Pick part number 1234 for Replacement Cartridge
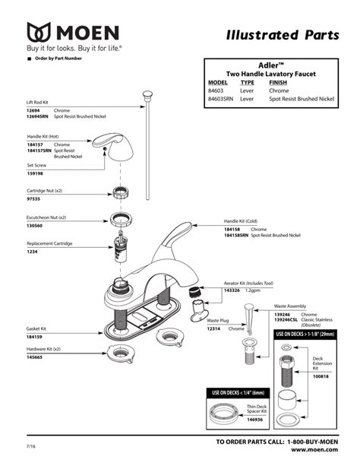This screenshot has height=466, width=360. click(x=32, y=251)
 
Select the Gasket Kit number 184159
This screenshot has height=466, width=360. click(x=35, y=336)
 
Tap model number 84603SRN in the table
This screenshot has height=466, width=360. click(x=221, y=99)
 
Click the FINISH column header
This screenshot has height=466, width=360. click(x=279, y=82)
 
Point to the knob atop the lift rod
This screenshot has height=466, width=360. click(x=144, y=94)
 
